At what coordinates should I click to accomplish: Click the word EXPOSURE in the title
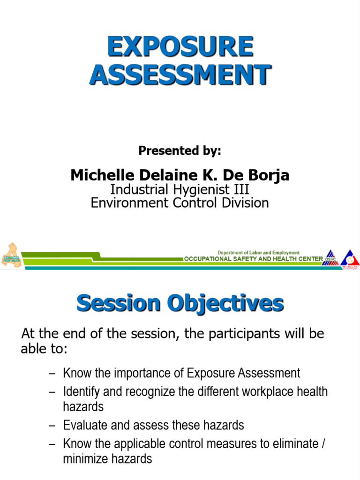[x=180, y=48]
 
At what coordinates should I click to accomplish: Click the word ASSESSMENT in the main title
[x=180, y=75]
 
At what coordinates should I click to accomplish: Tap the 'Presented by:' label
[x=180, y=150]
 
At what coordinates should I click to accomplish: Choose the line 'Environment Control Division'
[x=180, y=202]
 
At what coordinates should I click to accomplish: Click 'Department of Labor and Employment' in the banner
[x=258, y=253]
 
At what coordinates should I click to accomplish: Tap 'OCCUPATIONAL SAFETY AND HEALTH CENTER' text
[x=253, y=259]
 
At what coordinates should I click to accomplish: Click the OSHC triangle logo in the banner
[x=331, y=258]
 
